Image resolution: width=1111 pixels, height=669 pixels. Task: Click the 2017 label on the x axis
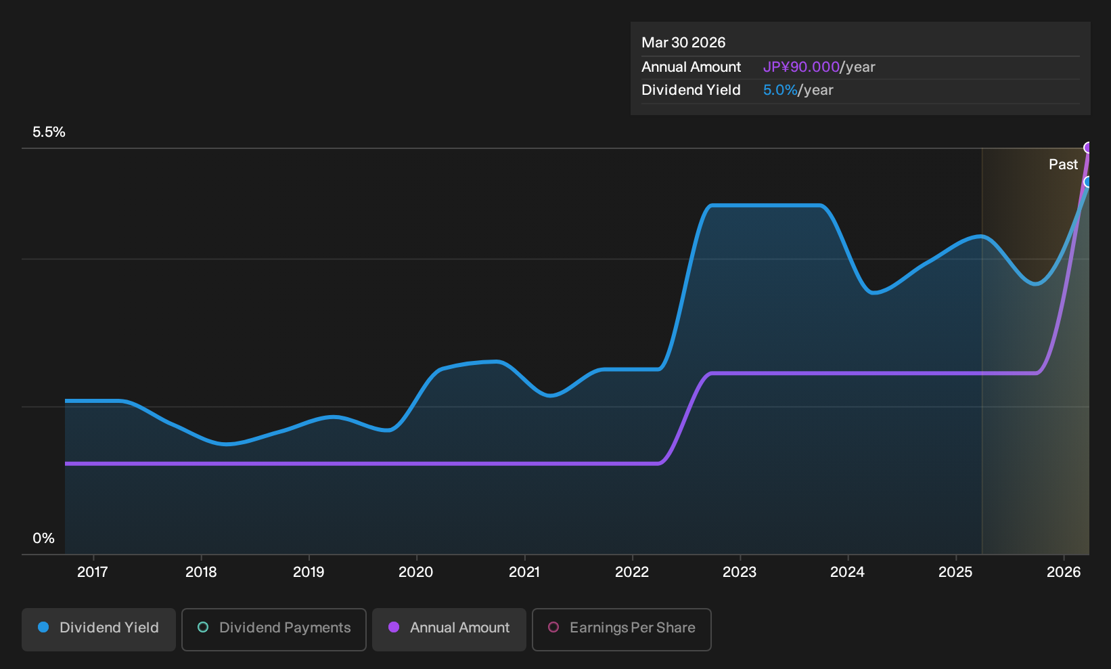point(93,572)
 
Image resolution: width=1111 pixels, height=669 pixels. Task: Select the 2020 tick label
point(416,572)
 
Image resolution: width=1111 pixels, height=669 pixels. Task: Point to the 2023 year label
point(740,572)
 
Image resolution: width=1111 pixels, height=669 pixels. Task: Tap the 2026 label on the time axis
point(1064,572)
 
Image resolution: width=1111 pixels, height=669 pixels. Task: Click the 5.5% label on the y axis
point(49,132)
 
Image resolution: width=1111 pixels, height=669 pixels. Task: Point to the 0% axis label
point(44,538)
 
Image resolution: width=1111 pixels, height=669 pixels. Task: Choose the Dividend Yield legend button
point(99,629)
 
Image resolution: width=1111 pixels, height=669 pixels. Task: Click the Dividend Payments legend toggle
point(274,629)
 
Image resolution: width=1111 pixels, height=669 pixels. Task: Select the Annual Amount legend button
point(449,629)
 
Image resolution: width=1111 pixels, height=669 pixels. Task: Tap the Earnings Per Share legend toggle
point(621,629)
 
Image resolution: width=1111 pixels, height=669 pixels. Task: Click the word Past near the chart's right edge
point(1064,165)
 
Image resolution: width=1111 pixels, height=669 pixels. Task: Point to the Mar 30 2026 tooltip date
point(683,43)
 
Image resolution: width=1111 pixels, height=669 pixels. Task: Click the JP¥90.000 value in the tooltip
point(801,67)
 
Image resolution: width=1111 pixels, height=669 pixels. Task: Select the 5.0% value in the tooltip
point(780,90)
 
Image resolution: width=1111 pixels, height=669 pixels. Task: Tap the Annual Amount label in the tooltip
point(691,67)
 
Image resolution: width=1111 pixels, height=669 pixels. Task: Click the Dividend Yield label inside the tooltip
point(691,90)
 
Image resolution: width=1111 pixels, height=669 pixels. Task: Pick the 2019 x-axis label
point(309,572)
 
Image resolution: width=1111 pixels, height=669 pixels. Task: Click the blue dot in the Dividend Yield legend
point(44,627)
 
